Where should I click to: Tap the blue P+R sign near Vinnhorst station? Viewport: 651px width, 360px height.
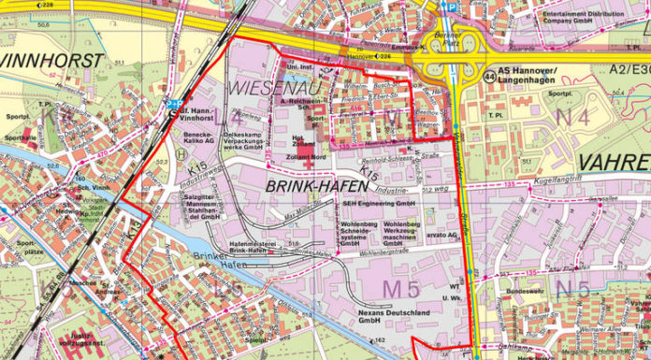point(174,104)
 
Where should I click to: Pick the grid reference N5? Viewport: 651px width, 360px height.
point(572,288)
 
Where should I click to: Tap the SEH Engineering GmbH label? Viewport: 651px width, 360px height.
point(378,203)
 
